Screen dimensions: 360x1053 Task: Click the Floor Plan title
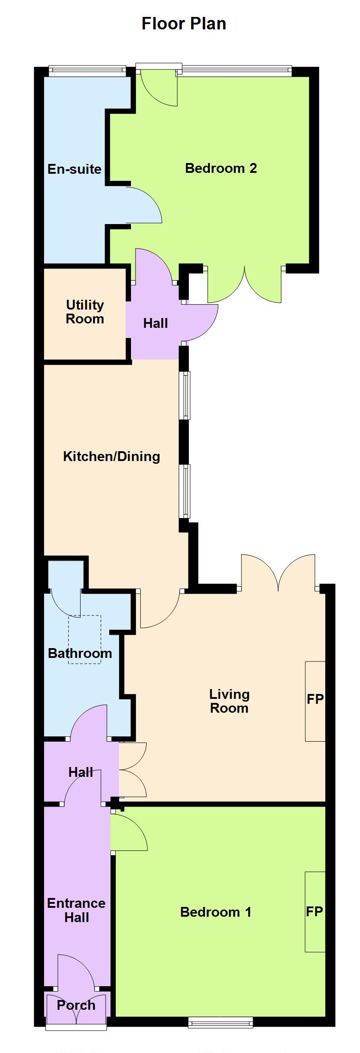pos(184,24)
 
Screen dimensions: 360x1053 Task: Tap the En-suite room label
pos(74,169)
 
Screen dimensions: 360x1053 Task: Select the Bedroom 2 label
pos(221,168)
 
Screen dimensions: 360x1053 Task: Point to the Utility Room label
pos(85,312)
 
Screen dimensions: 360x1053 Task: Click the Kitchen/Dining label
pos(111,457)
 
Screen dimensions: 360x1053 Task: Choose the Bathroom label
pos(80,653)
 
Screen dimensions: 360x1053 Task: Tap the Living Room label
pos(229,701)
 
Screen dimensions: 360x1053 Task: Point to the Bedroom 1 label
pos(216,912)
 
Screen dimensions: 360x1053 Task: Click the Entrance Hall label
pos(77,910)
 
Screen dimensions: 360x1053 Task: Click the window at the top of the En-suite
pos(87,71)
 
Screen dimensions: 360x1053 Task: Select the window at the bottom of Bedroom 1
pos(221,1022)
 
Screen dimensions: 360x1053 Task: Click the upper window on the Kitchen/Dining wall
pos(184,396)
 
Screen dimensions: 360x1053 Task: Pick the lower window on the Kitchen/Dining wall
pos(184,491)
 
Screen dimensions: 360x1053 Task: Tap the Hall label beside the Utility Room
pos(155,323)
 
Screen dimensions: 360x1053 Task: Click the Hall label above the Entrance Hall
pos(81,772)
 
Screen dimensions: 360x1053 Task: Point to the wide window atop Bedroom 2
pos(237,71)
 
